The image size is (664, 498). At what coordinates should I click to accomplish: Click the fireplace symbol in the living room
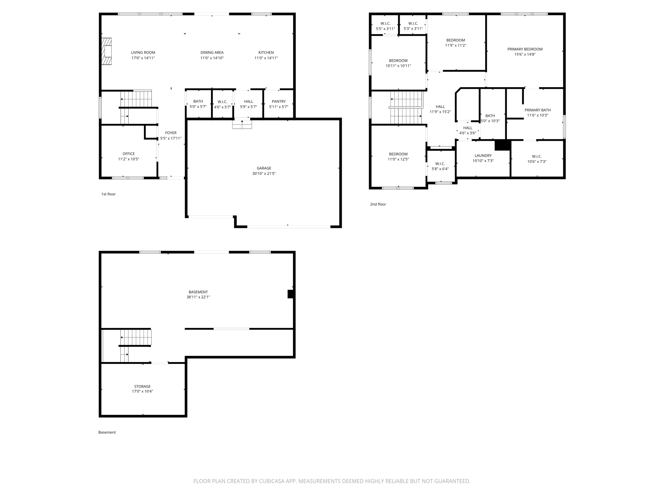[107, 52]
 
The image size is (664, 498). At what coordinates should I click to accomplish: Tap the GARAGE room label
[264, 168]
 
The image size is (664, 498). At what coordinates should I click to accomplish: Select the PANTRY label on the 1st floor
[279, 102]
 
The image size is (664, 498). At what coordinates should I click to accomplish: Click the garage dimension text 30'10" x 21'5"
[264, 174]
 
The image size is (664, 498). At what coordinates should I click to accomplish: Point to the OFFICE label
[129, 154]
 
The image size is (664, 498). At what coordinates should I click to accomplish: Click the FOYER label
[171, 133]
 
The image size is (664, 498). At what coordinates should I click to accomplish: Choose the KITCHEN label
[266, 53]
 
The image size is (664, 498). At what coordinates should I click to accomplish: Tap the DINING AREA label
[212, 53]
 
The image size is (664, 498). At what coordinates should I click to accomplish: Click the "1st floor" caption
[108, 194]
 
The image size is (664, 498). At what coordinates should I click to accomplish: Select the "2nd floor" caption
[378, 204]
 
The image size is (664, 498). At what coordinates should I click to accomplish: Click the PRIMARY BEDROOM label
[525, 49]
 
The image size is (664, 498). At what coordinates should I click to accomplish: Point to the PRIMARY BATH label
[538, 110]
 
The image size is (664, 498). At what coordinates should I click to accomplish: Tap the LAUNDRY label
[483, 156]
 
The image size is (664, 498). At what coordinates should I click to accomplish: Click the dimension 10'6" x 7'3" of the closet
[537, 162]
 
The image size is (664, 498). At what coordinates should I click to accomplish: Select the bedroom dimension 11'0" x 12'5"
[398, 159]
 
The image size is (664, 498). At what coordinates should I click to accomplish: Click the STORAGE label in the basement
[142, 386]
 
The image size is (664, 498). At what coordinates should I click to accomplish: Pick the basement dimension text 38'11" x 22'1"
[198, 297]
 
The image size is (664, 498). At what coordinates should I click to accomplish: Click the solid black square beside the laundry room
[502, 145]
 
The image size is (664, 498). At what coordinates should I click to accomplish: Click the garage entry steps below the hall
[242, 124]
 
